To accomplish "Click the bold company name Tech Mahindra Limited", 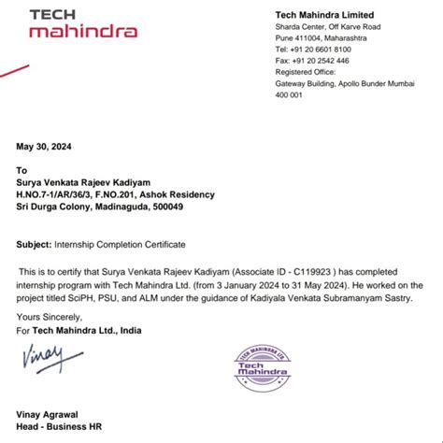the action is coord(324,15).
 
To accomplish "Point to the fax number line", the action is coord(312,60).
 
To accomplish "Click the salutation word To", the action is coord(22,171).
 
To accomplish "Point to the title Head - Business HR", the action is coord(59,427).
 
